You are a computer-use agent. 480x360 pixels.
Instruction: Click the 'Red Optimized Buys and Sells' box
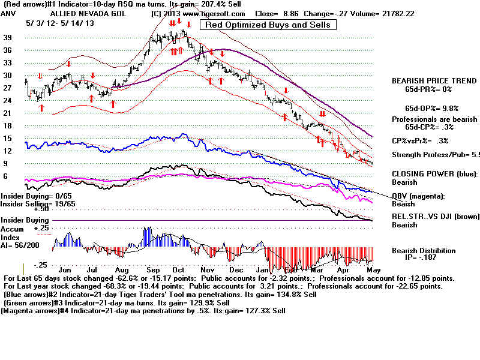[x=268, y=25]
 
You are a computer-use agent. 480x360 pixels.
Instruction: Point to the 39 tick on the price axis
[x=8, y=37]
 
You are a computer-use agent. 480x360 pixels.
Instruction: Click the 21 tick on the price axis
[x=8, y=113]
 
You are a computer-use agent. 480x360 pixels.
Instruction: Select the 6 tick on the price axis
[x=6, y=176]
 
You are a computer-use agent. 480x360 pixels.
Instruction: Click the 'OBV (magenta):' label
[x=416, y=196]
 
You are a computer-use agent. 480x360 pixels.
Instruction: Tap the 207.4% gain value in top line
[x=205, y=4]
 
